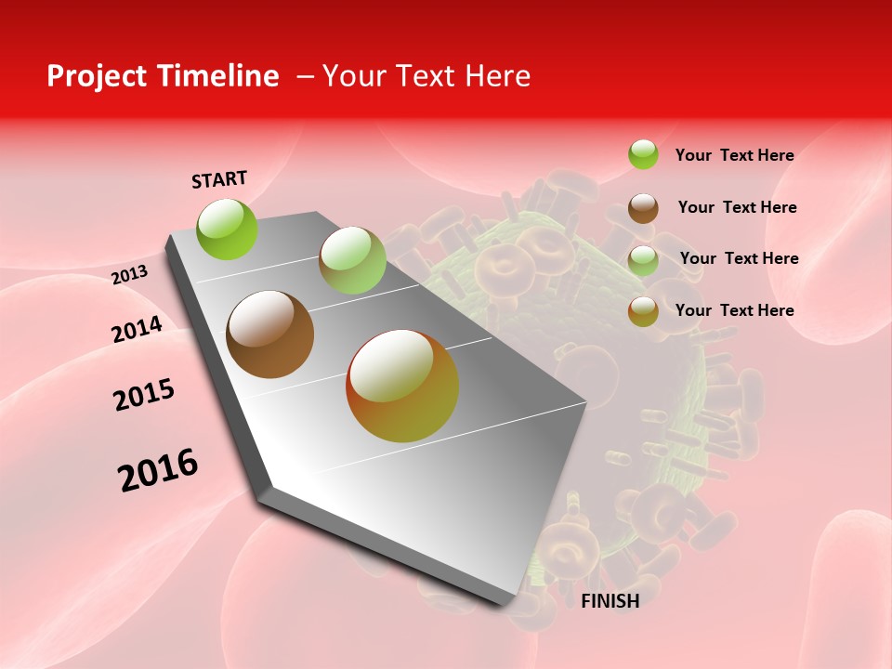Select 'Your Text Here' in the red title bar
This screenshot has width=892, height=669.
click(x=426, y=76)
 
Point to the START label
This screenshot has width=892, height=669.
click(x=219, y=179)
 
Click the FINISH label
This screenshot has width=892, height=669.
click(x=610, y=601)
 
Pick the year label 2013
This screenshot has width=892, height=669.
click(x=130, y=274)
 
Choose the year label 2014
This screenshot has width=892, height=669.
click(x=138, y=329)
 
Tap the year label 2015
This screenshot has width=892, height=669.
click(x=144, y=395)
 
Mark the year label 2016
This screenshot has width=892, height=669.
click(x=159, y=469)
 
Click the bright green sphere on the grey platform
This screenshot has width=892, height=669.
click(x=228, y=229)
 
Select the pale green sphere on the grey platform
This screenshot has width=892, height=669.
click(x=352, y=260)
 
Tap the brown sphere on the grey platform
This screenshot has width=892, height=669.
click(x=270, y=334)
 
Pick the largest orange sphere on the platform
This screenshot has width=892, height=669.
click(x=402, y=386)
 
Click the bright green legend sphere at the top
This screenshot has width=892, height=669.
click(x=643, y=155)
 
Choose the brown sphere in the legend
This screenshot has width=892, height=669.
click(x=643, y=207)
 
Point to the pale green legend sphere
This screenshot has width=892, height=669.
click(x=643, y=259)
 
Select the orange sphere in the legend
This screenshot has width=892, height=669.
click(x=643, y=311)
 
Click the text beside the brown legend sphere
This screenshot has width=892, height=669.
click(x=737, y=207)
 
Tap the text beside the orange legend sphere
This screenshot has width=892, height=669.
click(x=735, y=310)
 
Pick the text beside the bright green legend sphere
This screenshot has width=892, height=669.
click(x=735, y=155)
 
